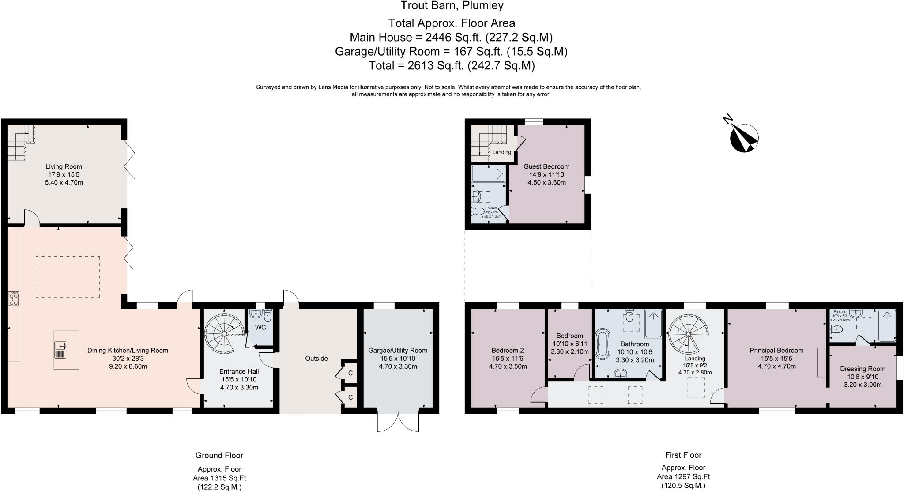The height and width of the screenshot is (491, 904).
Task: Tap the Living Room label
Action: click(x=64, y=166)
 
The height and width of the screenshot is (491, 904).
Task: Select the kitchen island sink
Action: click(x=60, y=350)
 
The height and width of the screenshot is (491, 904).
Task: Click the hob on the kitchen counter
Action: click(x=13, y=299)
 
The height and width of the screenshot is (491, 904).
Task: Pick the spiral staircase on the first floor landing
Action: click(x=688, y=334)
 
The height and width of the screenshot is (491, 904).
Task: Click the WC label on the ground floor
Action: click(x=260, y=328)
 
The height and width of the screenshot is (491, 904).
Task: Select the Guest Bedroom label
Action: click(x=546, y=166)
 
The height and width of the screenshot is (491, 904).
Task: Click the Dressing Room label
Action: click(x=863, y=369)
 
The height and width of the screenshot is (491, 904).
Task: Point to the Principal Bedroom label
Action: click(x=776, y=350)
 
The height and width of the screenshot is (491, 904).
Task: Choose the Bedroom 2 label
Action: click(x=508, y=350)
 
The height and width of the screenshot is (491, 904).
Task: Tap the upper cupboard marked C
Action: click(x=350, y=373)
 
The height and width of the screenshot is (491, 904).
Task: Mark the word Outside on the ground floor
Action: click(x=316, y=359)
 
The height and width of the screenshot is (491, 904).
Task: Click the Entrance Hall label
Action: click(x=239, y=371)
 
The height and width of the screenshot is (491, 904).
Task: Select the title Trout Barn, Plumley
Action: click(x=452, y=6)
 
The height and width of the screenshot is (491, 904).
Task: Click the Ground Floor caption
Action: click(x=219, y=455)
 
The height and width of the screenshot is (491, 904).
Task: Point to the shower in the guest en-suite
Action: click(x=489, y=174)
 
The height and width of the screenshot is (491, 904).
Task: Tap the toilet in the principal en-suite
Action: click(x=836, y=329)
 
